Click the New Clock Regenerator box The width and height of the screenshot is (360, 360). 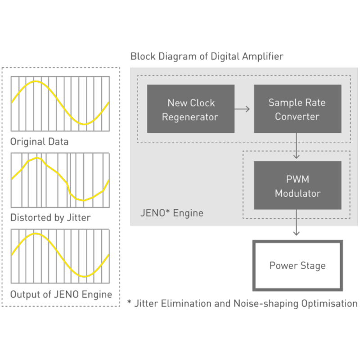190,109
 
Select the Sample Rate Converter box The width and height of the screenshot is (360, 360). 297,109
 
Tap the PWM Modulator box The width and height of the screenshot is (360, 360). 297,185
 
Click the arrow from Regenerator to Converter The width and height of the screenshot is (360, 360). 242,109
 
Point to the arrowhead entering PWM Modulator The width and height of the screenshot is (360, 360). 297,156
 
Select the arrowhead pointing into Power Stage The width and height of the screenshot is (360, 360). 297,233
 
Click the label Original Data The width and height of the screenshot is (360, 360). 40,142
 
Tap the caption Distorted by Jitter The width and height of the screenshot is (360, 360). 50,218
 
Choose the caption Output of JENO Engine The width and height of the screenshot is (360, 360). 61,294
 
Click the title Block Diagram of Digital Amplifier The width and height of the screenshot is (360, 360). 207,57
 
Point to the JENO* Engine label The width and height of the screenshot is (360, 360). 172,213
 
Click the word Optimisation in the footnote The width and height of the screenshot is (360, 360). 329,303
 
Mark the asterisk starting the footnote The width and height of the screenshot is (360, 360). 129,302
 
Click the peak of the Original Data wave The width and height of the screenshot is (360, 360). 36,81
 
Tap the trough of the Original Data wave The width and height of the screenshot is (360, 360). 85,124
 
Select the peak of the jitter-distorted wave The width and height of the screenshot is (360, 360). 37,158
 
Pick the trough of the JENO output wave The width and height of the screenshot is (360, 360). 85,276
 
